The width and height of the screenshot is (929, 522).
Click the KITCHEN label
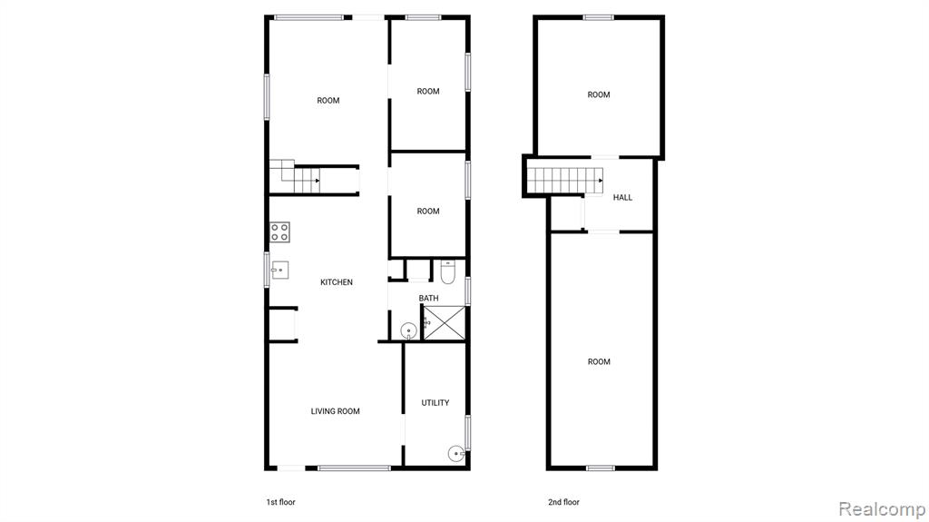(x=336, y=282)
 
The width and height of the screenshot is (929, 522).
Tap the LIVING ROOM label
(x=336, y=411)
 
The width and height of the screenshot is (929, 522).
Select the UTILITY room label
(x=435, y=403)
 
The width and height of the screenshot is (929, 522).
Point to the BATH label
(x=428, y=299)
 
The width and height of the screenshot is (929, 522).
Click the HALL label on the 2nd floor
(x=622, y=198)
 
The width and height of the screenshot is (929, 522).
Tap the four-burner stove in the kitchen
(x=279, y=231)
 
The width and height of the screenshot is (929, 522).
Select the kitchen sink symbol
(x=279, y=270)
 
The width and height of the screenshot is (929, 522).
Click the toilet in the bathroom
(x=447, y=271)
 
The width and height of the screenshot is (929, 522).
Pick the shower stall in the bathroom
(x=445, y=322)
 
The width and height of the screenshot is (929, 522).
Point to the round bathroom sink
(x=408, y=331)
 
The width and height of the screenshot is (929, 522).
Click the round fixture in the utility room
(x=455, y=454)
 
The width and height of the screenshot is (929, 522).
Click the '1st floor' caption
(x=280, y=502)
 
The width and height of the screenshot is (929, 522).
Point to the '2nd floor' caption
(x=563, y=502)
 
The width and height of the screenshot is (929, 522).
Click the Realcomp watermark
(x=882, y=509)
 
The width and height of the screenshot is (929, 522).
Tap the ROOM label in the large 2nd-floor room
(x=599, y=362)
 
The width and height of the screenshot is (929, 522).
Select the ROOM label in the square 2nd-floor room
(x=599, y=95)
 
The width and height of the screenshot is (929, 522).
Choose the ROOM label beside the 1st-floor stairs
(x=328, y=101)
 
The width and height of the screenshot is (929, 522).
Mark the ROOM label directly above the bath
(x=428, y=212)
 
